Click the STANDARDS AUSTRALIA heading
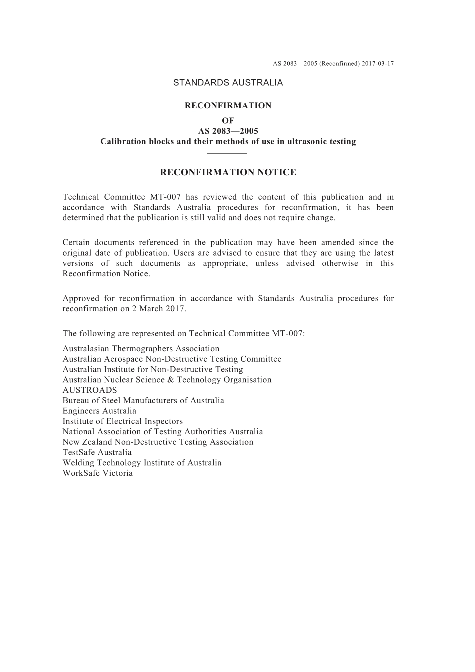point(228,83)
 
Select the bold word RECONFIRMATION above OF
point(228,106)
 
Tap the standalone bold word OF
point(228,120)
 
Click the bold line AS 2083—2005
point(228,131)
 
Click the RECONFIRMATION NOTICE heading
point(228,173)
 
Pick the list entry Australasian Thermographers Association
point(141,349)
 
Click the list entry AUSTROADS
point(90,390)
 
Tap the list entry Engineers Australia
point(99,411)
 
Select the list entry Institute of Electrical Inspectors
point(123,421)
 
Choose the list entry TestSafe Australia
point(97,452)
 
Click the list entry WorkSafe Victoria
point(98,473)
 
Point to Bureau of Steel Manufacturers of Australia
point(143,401)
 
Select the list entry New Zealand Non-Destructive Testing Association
point(158,442)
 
